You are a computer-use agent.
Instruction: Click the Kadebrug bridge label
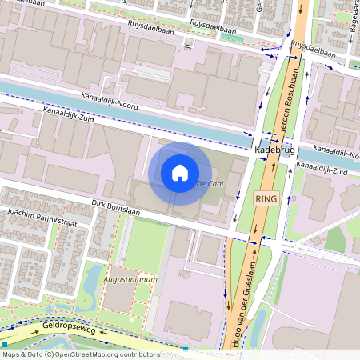pos(274,150)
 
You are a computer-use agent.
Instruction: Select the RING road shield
pos(266,198)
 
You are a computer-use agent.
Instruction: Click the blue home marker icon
pos(180,173)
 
